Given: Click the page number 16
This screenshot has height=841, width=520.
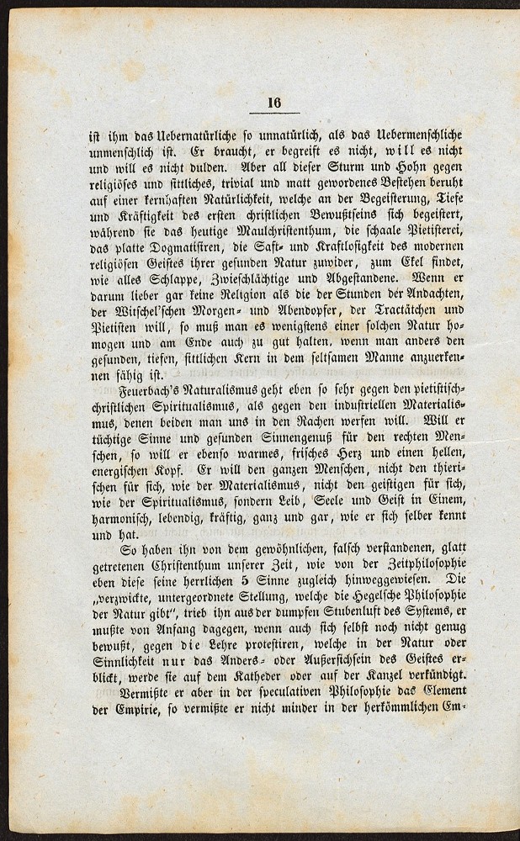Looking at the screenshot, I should click(274, 102).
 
